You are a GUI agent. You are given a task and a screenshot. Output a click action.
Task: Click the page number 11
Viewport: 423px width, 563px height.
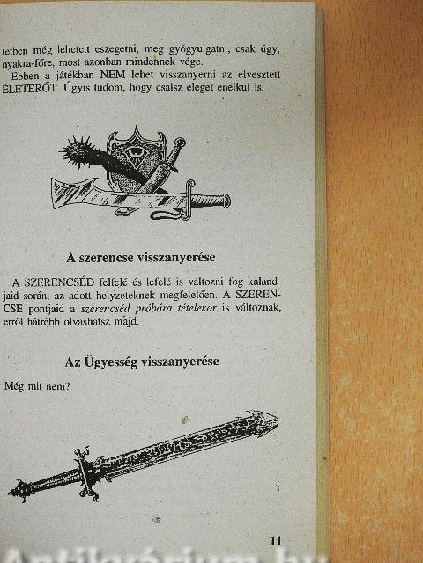pos(276,541)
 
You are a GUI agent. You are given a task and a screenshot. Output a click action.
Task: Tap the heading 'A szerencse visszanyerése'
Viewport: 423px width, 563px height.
pos(141,258)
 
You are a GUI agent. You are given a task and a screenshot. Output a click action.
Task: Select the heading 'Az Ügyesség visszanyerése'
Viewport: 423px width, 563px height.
pos(142,362)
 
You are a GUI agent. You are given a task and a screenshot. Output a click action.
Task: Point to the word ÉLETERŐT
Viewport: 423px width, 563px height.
pos(29,88)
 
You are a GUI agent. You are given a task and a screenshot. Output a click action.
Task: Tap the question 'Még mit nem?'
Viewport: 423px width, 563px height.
pos(37,387)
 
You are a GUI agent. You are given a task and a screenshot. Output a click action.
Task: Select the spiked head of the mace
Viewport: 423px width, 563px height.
pos(77,150)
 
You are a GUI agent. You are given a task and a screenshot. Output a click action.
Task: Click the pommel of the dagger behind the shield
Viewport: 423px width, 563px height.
pos(181,143)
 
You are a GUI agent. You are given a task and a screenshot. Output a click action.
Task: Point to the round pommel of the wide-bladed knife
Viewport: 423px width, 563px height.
pos(226,201)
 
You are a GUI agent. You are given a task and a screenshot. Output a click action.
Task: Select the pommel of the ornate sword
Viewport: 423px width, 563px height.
pos(19,490)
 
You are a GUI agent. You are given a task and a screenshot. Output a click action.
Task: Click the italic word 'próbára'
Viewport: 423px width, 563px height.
pos(157,309)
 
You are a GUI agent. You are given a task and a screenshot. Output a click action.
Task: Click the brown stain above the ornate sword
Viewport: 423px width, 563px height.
pos(185,420)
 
